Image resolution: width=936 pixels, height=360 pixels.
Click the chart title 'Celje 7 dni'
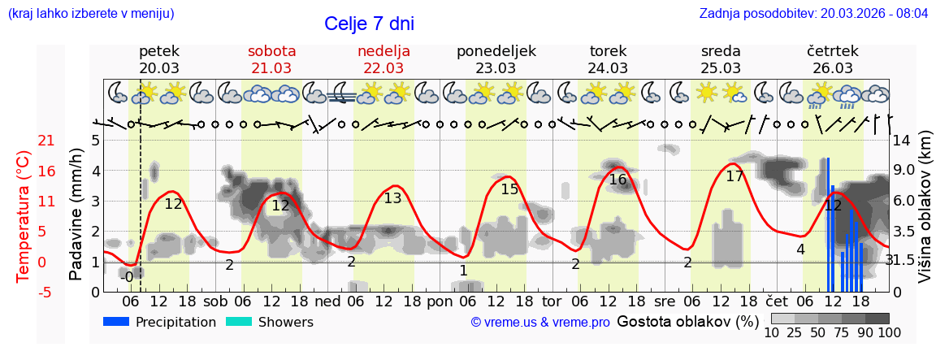tap(369, 24)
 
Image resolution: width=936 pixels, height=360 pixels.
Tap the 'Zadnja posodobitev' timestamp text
tap(813, 14)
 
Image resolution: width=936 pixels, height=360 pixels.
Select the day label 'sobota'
tap(271, 51)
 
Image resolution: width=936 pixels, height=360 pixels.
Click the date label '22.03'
tap(383, 68)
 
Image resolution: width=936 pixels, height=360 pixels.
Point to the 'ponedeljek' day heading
tap(496, 51)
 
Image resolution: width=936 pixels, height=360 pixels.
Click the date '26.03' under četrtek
tap(833, 68)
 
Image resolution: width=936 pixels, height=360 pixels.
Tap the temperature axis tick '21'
tap(24, 141)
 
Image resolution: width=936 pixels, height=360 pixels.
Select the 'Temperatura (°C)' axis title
tap(24, 215)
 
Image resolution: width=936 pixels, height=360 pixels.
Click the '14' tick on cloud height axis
tap(903, 140)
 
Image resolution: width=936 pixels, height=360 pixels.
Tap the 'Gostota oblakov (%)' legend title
tap(687, 321)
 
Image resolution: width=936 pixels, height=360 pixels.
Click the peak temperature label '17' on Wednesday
tap(734, 176)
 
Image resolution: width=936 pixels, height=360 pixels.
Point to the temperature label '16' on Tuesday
tap(617, 180)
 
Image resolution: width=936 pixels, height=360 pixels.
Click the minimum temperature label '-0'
tap(126, 277)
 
